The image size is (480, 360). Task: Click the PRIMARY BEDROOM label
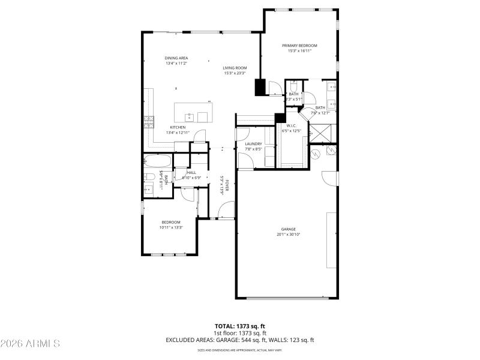click(x=299, y=46)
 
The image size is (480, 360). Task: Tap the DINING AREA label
click(x=176, y=58)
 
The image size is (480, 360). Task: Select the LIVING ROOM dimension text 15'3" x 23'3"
click(x=235, y=74)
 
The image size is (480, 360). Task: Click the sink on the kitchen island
click(x=188, y=115)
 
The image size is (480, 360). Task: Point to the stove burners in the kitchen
click(x=147, y=123)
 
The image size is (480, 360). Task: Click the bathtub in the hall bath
click(x=157, y=161)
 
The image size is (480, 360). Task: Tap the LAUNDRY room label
click(x=253, y=144)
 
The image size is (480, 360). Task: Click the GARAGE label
click(x=288, y=229)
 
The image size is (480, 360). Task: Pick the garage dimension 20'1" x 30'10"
click(x=288, y=235)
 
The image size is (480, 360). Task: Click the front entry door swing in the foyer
click(x=226, y=210)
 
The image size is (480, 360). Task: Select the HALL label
click(x=191, y=173)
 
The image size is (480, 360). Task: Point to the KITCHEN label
click(x=178, y=127)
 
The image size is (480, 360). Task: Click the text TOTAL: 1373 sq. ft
click(x=240, y=326)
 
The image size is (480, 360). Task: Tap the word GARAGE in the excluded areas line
click(x=229, y=340)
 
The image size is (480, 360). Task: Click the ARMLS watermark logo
click(x=30, y=344)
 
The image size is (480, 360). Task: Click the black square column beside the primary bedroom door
click(x=260, y=87)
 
